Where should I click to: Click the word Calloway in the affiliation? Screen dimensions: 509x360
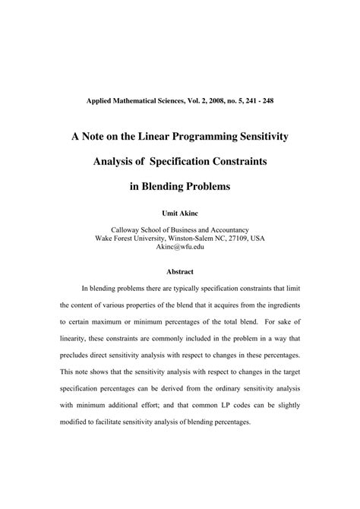tap(131, 228)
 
